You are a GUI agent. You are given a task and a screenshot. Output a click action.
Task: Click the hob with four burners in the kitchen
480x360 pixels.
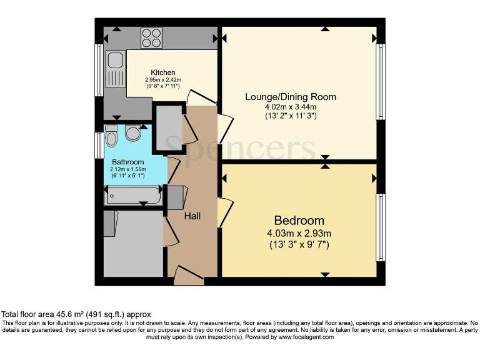[151, 37]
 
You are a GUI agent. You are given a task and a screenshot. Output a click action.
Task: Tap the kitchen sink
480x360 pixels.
[115, 69]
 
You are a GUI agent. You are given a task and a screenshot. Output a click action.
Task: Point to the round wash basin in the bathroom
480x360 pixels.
[133, 132]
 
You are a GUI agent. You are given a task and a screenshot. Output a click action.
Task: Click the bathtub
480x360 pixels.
[133, 197]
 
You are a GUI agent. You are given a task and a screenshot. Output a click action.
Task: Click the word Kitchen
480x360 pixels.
[163, 72]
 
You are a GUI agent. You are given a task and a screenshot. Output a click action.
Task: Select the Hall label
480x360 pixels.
[192, 216]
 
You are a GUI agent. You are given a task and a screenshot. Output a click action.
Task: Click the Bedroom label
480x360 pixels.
[299, 221]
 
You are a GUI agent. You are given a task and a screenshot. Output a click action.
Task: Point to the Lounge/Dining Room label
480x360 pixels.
[291, 97]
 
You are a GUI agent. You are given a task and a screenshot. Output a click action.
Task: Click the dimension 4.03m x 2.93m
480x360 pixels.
[299, 234]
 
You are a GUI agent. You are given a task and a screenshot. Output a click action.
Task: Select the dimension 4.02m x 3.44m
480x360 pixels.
[291, 107]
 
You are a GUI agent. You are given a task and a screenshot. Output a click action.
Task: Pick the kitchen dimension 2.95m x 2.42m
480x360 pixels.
[163, 80]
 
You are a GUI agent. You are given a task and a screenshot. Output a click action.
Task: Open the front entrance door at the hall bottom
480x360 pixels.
[189, 275]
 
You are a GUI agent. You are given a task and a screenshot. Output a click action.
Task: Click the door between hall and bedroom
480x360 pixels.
[224, 212]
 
